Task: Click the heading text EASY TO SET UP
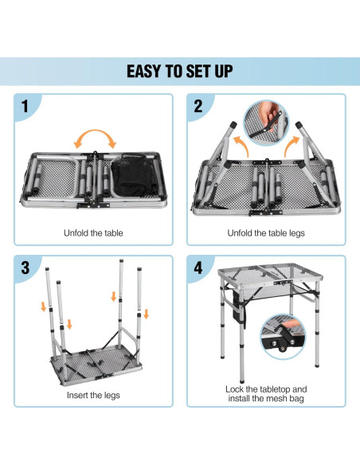pyautogui.click(x=179, y=72)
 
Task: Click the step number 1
pyautogui.click(x=25, y=106)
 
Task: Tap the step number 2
pyautogui.click(x=198, y=106)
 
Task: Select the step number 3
pyautogui.click(x=25, y=268)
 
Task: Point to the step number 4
pyautogui.click(x=198, y=268)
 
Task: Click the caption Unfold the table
pyautogui.click(x=93, y=233)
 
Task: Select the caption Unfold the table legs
pyautogui.click(x=266, y=233)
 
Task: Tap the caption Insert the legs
pyautogui.click(x=93, y=395)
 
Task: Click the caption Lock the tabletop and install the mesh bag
pyautogui.click(x=266, y=393)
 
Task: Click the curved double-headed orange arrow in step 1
pyautogui.click(x=95, y=131)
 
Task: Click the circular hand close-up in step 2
pyautogui.click(x=266, y=123)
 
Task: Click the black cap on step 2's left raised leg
pyautogui.click(x=233, y=124)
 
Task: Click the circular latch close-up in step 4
pyautogui.click(x=283, y=337)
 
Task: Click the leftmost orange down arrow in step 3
pyautogui.click(x=43, y=307)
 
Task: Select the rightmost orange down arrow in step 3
pyautogui.click(x=146, y=314)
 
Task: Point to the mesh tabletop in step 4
pyautogui.click(x=270, y=273)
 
